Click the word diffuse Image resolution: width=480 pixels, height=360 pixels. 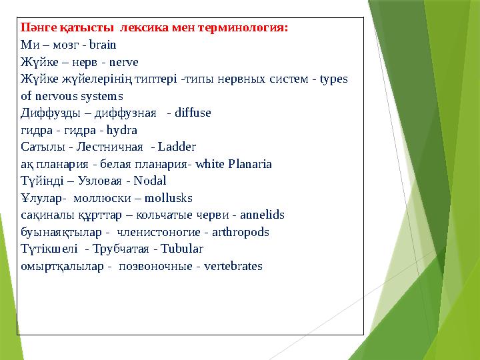(x=193, y=113)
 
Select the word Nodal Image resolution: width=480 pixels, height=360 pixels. (x=151, y=181)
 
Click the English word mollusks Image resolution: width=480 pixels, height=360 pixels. (x=169, y=198)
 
